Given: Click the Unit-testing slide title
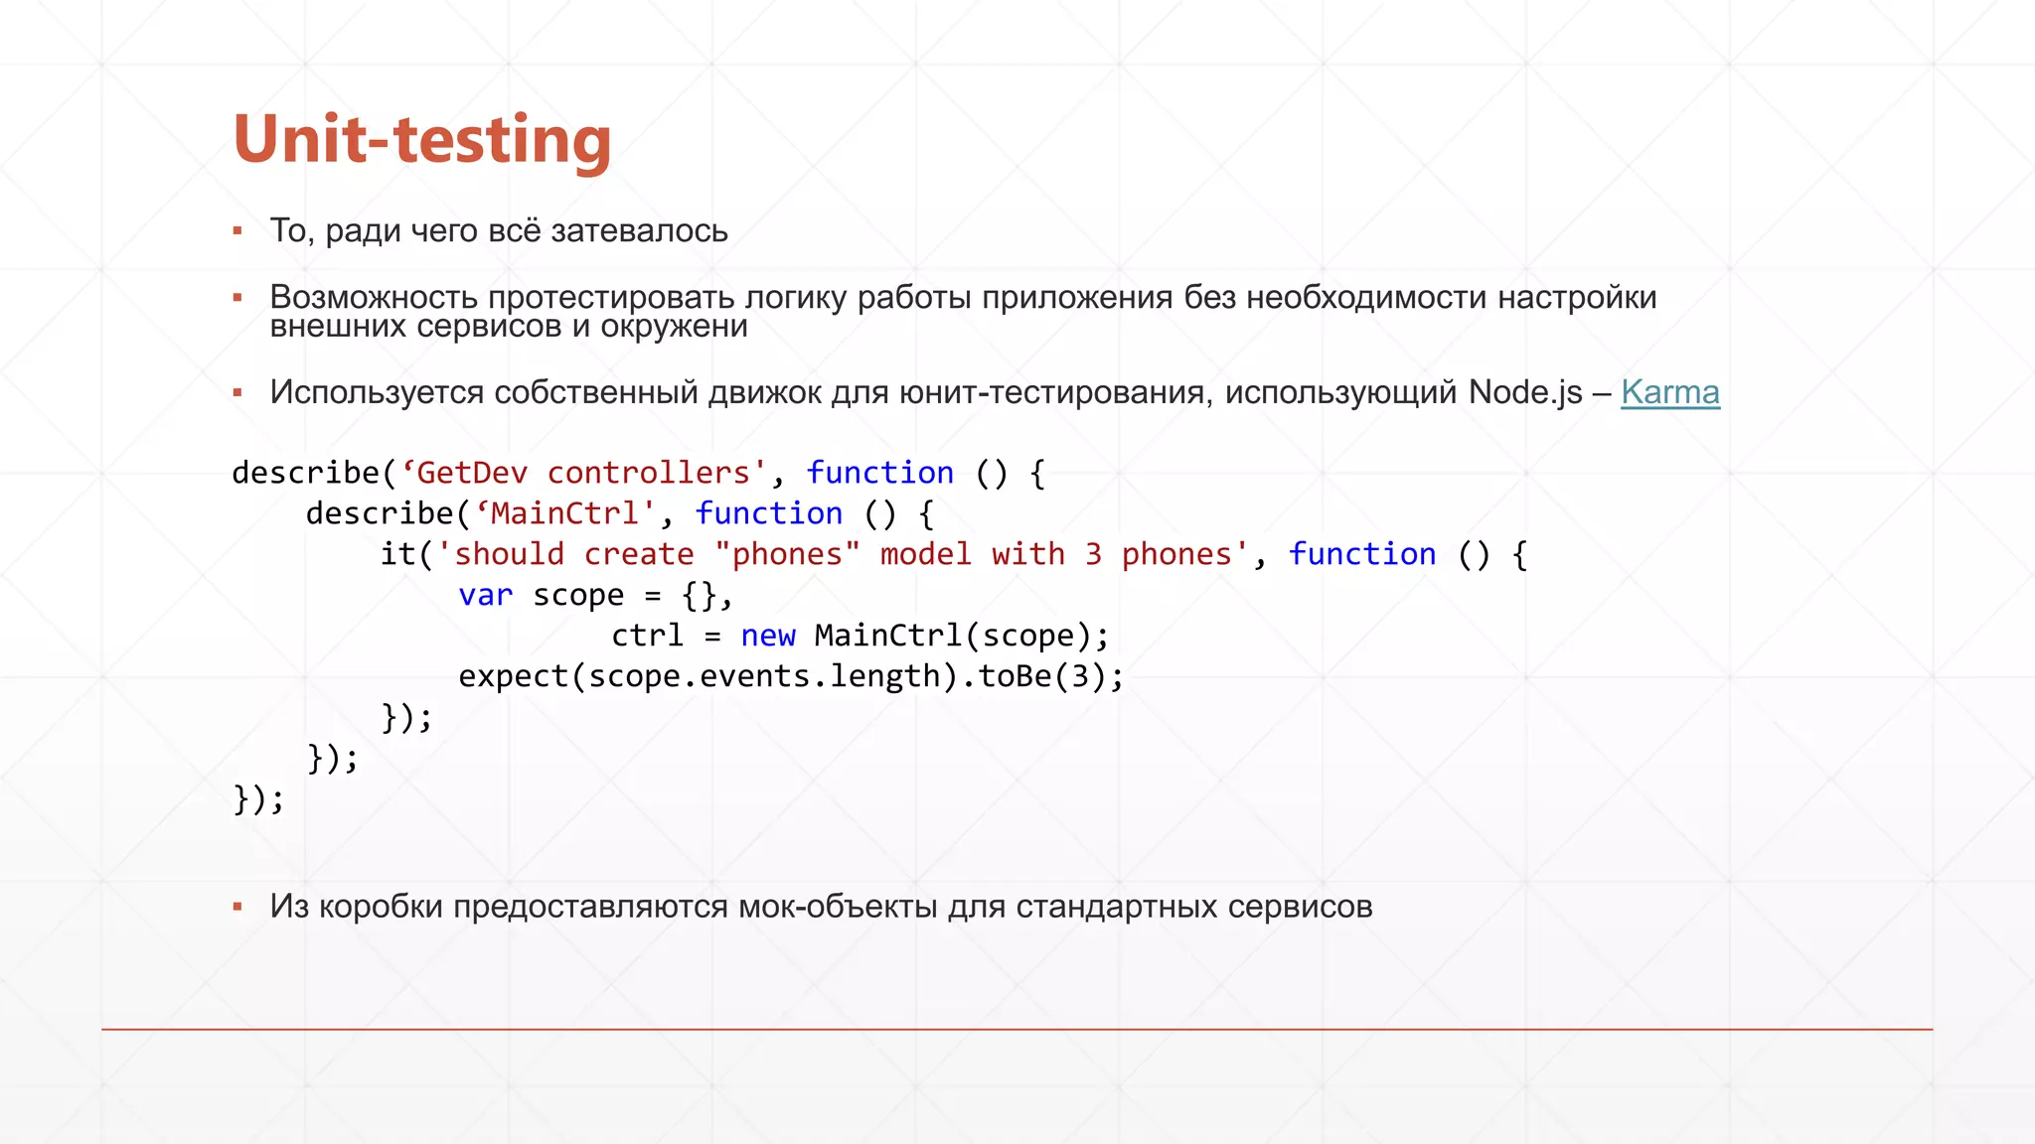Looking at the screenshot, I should pos(421,139).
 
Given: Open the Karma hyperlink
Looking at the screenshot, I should pos(1669,392).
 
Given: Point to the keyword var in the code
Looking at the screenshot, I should pos(485,595).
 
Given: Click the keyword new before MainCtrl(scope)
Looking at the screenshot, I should pos(767,636).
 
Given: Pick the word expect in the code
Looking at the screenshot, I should pos(513,676).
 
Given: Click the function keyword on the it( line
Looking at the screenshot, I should pos(1361,554).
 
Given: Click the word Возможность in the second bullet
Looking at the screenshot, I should pos(374,297).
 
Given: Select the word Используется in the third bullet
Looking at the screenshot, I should pos(377,392).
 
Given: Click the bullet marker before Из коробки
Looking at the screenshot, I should pos(237,907).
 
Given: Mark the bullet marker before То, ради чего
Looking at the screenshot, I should pos(237,231).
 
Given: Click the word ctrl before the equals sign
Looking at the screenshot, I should pos(647,636).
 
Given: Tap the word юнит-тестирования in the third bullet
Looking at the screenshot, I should pos(1054,392).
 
